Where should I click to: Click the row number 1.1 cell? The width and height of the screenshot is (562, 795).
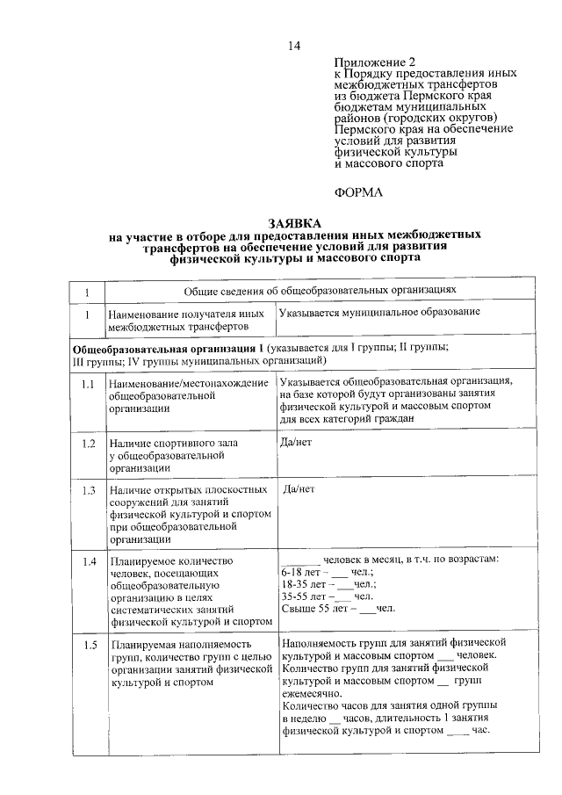[87, 384]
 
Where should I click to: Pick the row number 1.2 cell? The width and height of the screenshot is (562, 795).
[87, 444]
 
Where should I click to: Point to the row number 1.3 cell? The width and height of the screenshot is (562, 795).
[87, 490]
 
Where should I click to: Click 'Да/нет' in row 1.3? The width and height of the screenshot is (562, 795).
[299, 490]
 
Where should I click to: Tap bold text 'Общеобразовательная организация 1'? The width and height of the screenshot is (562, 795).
[167, 348]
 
